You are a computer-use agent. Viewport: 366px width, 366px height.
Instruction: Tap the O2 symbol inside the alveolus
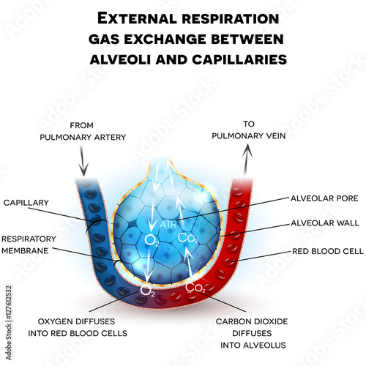(152, 239)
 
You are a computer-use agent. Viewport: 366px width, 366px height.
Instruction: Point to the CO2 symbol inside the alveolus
(187, 238)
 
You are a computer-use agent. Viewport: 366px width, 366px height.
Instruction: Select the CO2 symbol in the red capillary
(195, 288)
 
